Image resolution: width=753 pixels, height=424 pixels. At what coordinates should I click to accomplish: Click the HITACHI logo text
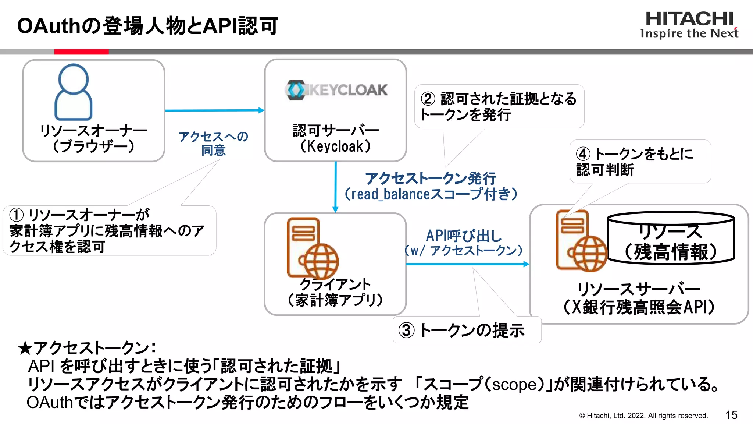(x=689, y=19)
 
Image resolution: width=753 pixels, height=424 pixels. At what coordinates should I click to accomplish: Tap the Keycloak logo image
(x=336, y=90)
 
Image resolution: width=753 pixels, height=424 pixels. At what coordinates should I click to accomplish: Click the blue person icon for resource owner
(x=73, y=92)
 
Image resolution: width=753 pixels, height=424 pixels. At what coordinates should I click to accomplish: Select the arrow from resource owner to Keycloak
(x=214, y=110)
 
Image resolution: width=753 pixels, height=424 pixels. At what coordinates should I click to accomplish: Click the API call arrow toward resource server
(x=467, y=264)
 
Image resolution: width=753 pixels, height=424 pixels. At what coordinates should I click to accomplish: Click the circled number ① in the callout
(x=17, y=215)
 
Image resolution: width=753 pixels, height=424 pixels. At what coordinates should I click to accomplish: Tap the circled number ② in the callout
(x=428, y=99)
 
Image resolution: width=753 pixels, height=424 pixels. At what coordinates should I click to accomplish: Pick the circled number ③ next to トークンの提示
(x=407, y=330)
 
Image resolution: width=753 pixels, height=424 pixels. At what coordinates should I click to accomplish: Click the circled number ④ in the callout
(x=583, y=154)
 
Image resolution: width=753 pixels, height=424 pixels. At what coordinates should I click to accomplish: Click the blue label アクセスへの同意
(x=213, y=144)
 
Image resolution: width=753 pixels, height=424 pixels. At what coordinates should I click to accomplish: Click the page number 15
(x=731, y=415)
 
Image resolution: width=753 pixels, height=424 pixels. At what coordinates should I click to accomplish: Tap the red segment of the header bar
(x=81, y=52)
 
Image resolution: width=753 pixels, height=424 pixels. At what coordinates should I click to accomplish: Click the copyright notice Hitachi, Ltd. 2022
(x=643, y=416)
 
